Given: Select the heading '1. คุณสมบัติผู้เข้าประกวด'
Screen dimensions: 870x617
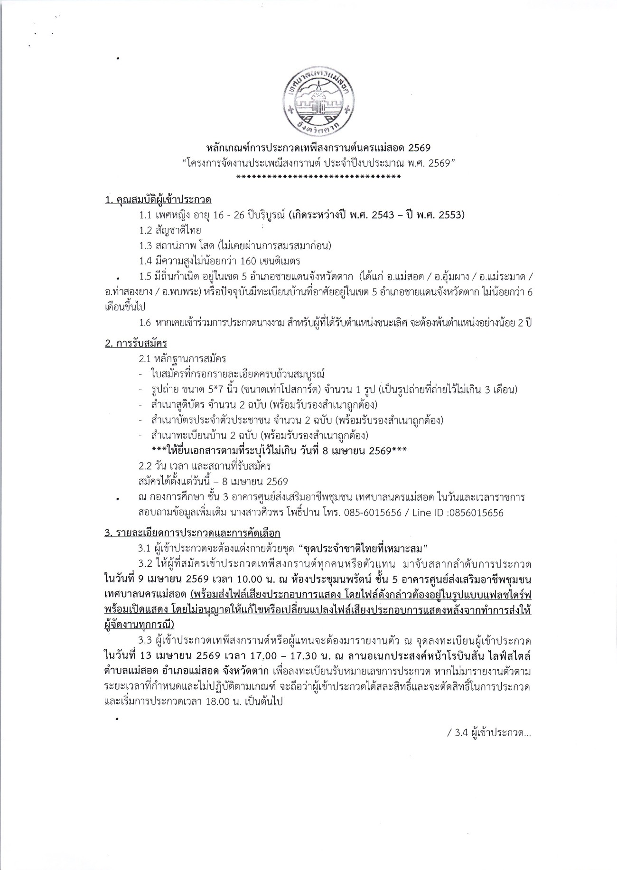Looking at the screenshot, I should click(158, 200).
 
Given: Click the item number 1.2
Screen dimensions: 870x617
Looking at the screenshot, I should click(145, 230).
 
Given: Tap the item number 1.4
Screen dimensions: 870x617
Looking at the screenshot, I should click(145, 261).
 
